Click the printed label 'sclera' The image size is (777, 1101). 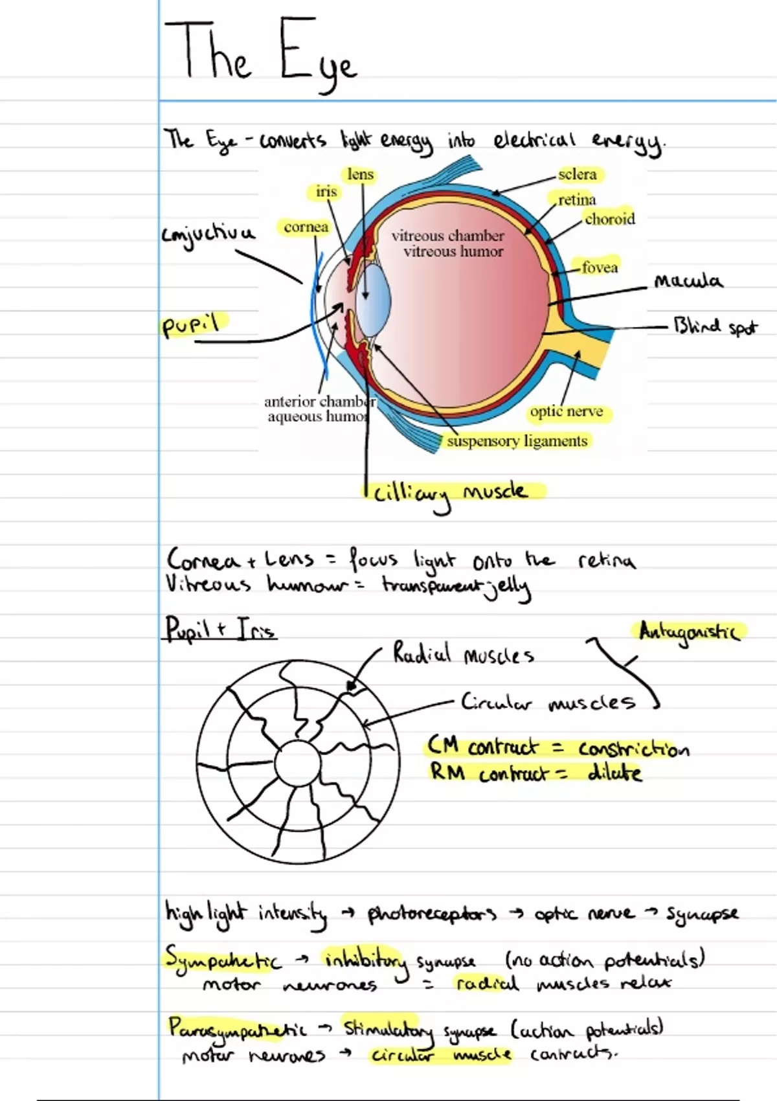tap(578, 174)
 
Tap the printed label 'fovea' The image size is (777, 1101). tap(600, 267)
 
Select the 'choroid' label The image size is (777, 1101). tap(610, 219)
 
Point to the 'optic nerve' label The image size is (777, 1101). tap(567, 412)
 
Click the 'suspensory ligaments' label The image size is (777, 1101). tap(517, 441)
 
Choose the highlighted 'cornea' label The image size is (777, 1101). tap(306, 227)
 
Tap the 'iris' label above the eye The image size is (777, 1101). tap(326, 192)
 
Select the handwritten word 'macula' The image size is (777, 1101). tap(688, 281)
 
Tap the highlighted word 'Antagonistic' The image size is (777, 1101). tap(688, 631)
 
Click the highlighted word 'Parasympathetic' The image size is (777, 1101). tap(237, 1028)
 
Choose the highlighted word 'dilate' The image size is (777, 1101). tap(614, 773)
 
